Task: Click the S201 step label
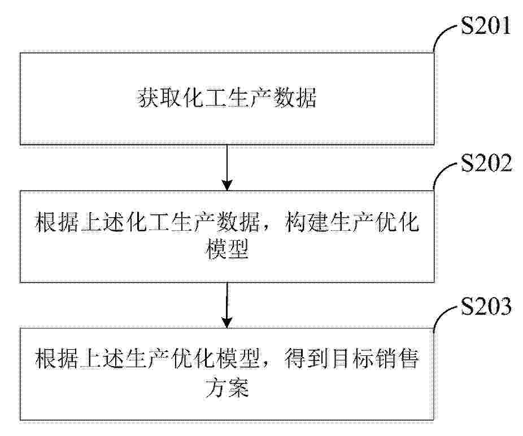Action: point(486,25)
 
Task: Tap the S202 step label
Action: point(486,163)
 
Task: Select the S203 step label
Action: point(486,306)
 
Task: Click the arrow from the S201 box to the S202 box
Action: point(227,168)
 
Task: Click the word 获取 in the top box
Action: point(159,98)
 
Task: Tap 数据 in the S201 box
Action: point(294,98)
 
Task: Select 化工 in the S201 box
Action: point(204,98)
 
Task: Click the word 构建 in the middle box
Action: point(306,222)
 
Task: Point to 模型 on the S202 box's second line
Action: point(227,249)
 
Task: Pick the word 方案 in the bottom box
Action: point(227,387)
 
